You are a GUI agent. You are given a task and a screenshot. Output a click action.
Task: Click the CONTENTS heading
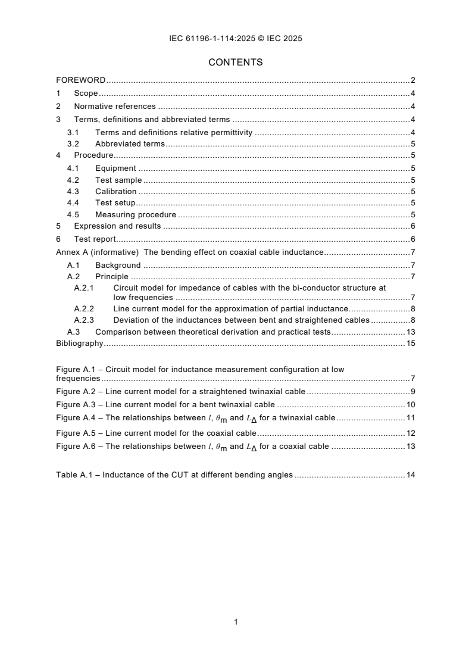(x=236, y=62)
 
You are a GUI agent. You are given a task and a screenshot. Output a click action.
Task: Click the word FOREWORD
(x=81, y=80)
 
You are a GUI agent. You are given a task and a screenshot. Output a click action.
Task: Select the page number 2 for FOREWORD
(x=412, y=80)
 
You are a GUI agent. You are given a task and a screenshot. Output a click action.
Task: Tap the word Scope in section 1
(x=86, y=93)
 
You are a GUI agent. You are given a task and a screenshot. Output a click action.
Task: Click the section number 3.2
(x=73, y=144)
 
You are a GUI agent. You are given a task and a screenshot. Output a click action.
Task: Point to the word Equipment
(x=115, y=168)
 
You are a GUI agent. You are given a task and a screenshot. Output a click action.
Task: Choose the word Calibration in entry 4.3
(x=115, y=192)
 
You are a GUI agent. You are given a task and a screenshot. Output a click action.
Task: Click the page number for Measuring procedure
(x=412, y=215)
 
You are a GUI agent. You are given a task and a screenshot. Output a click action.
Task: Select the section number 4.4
(x=73, y=203)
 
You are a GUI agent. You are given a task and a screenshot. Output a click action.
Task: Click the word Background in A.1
(x=118, y=266)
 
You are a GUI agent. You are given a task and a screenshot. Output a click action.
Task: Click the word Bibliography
(x=80, y=344)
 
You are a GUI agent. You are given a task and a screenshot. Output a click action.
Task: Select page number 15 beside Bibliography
(x=410, y=344)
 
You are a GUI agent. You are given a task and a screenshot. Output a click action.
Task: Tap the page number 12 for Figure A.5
(x=410, y=433)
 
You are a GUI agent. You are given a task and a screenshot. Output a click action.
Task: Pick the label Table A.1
(x=72, y=475)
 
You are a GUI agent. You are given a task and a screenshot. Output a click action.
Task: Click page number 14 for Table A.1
(x=410, y=475)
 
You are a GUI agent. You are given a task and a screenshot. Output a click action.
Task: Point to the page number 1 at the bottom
(x=236, y=622)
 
